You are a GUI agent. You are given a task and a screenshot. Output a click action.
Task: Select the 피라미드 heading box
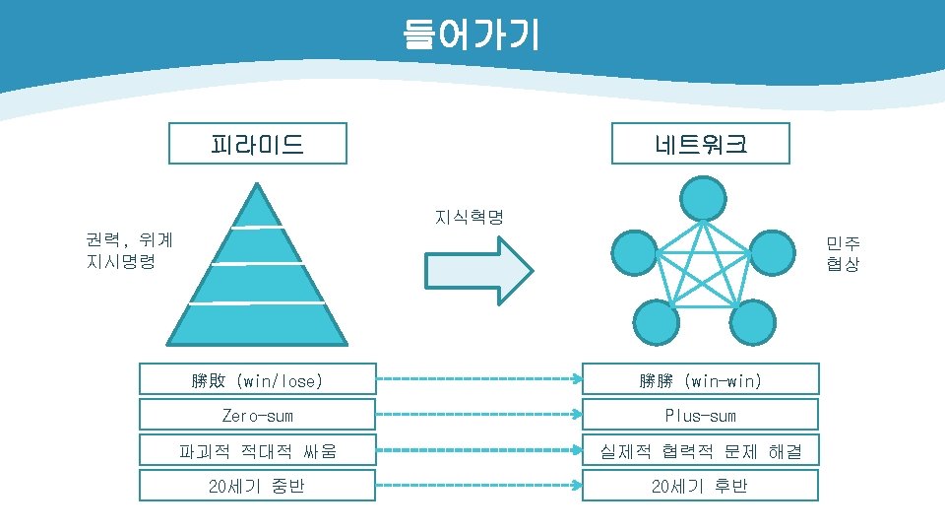(257, 144)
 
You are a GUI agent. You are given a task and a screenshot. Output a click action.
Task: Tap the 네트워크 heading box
(700, 144)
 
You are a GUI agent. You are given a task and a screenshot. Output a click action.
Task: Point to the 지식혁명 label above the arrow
(469, 217)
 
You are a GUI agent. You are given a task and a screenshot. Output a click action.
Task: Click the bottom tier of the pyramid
(258, 324)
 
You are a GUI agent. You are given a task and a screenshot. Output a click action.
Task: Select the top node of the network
(704, 198)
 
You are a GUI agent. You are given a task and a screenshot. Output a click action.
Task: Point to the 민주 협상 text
(843, 253)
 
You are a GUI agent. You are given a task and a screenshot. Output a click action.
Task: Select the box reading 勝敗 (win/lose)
(257, 379)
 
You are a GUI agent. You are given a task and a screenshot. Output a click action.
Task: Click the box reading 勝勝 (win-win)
(700, 379)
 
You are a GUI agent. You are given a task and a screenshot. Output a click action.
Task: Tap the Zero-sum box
(257, 415)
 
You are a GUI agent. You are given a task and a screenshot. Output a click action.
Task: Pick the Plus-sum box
(700, 415)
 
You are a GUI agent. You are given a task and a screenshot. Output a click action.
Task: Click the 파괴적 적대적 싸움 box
(257, 450)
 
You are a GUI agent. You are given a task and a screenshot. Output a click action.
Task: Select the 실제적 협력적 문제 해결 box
(700, 450)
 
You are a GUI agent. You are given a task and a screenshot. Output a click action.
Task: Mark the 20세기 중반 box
(257, 486)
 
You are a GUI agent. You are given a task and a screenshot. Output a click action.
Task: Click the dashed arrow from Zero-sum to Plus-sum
(478, 415)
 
